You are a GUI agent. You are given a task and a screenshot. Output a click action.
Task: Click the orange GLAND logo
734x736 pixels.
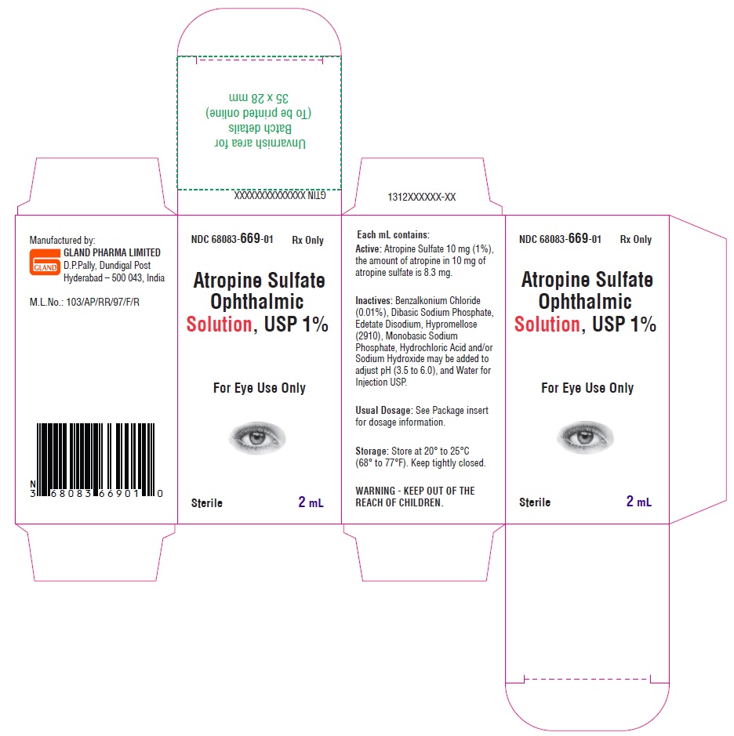45,262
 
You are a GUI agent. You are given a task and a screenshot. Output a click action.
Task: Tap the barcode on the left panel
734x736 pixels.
96,460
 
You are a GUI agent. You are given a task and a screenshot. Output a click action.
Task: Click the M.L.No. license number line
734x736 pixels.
85,303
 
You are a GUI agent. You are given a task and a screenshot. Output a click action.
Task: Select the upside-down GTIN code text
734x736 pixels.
280,195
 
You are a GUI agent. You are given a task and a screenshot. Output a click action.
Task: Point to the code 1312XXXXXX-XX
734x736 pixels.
422,198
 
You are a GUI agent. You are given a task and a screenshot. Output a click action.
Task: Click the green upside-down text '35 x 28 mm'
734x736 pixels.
259,98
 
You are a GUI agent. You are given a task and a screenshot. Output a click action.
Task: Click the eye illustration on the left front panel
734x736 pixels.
257,437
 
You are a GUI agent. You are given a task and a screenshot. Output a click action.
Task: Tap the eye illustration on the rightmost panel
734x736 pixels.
585,437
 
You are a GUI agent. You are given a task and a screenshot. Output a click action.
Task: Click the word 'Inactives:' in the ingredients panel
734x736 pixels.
374,300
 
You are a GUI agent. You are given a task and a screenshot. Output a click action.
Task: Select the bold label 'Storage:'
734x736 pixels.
372,451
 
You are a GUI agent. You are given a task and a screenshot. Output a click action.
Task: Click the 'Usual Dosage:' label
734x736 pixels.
383,410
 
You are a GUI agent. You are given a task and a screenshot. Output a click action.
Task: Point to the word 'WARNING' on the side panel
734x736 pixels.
375,491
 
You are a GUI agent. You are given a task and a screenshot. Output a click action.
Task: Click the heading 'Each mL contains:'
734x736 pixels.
393,234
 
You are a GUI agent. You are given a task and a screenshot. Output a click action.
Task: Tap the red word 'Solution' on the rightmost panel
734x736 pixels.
547,324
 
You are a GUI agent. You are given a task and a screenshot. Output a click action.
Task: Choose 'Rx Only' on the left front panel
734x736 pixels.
307,241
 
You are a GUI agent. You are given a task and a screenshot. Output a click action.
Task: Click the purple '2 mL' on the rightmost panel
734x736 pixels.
638,502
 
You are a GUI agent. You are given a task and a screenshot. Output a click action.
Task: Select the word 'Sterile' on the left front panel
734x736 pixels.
206,503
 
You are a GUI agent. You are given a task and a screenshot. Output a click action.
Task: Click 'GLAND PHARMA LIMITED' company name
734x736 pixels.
112,252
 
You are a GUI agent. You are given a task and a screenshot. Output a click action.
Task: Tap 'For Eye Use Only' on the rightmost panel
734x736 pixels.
587,388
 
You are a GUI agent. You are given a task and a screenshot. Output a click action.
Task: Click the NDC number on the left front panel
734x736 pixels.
232,239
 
